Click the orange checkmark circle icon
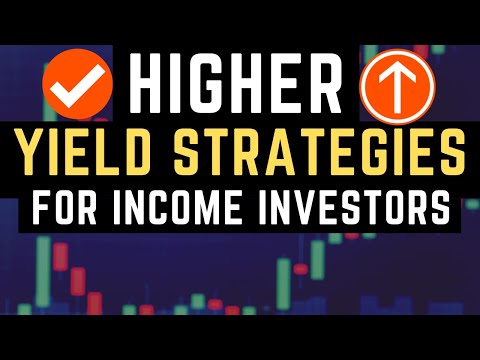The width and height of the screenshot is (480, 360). (75, 87)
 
